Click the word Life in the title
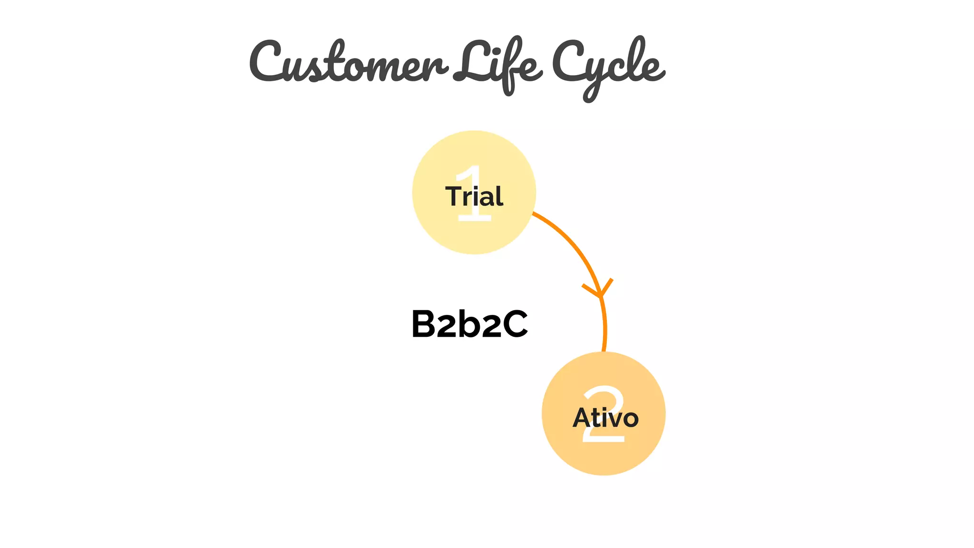(497, 64)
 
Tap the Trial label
(474, 196)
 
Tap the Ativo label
(605, 418)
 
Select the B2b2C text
(469, 324)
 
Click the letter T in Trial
(454, 196)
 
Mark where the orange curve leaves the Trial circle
(533, 214)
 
